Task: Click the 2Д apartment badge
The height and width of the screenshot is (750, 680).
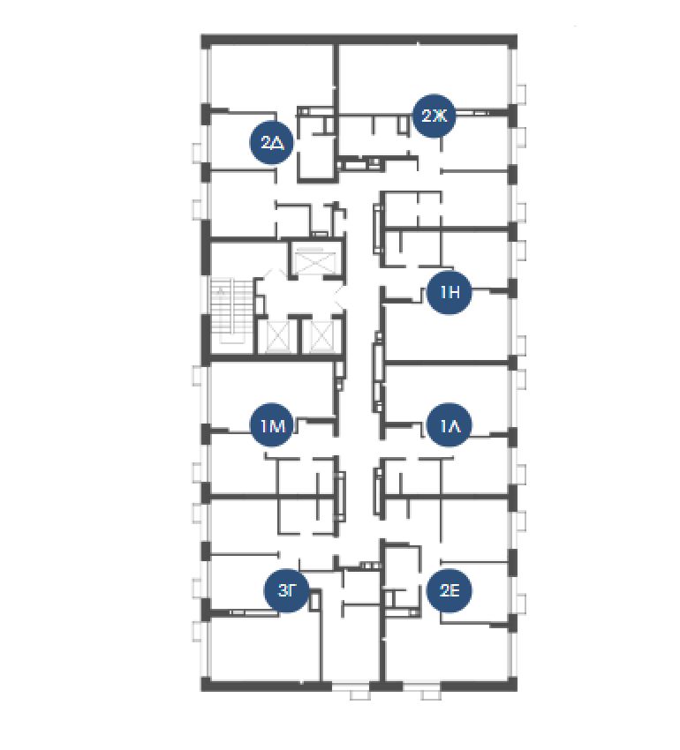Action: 271,142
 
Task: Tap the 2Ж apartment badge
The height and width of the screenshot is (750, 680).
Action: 434,116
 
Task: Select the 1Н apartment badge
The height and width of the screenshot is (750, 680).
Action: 450,292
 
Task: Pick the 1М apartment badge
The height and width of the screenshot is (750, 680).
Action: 273,425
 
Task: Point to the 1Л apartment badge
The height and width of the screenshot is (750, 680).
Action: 450,425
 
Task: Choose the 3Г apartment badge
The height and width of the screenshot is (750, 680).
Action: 286,590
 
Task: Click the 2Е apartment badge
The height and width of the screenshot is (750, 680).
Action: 450,590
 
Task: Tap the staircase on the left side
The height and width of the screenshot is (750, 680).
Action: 231,311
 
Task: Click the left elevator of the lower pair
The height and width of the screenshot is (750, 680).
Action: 278,337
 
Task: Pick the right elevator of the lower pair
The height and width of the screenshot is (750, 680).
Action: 321,337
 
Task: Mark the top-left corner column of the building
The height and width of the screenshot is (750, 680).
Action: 206,42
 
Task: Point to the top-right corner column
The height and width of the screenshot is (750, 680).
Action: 512,42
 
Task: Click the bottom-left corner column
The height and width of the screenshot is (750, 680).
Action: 207,685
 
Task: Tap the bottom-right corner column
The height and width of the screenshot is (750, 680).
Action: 512,685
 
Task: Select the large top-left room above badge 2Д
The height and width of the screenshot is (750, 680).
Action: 271,77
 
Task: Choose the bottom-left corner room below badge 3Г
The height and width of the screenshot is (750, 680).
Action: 265,648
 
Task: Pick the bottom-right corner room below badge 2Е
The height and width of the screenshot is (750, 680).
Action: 446,651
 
